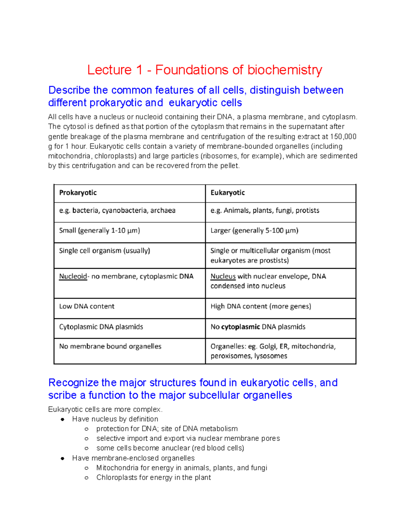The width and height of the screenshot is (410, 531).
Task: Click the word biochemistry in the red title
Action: pyautogui.click(x=285, y=70)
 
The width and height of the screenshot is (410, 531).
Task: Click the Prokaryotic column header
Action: pyautogui.click(x=78, y=193)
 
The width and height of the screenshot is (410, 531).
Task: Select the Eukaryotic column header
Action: pyautogui.click(x=228, y=193)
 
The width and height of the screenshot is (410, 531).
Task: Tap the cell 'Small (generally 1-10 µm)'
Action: pyautogui.click(x=99, y=231)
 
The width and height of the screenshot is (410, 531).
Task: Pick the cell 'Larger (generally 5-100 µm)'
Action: pyautogui.click(x=254, y=231)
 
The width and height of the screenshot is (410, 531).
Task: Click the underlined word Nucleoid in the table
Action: pyautogui.click(x=73, y=276)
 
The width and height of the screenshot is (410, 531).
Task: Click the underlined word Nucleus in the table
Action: pyautogui.click(x=223, y=276)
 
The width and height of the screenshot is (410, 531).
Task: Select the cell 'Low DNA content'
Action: pyautogui.click(x=87, y=306)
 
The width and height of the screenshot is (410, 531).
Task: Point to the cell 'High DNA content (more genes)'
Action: pyautogui.click(x=261, y=306)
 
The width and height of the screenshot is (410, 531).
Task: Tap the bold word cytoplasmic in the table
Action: pyautogui.click(x=241, y=327)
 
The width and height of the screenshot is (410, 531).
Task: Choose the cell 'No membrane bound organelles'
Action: pyautogui.click(x=110, y=346)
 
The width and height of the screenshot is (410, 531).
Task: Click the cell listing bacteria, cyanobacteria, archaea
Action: pyautogui.click(x=117, y=211)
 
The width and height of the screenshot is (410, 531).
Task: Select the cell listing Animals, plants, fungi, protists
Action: pyautogui.click(x=265, y=211)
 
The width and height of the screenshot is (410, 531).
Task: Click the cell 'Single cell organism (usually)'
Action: pyautogui.click(x=105, y=251)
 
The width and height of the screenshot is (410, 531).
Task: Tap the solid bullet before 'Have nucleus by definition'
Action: pyautogui.click(x=63, y=419)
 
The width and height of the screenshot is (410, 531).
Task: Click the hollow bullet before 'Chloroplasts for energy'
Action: pyautogui.click(x=86, y=478)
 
